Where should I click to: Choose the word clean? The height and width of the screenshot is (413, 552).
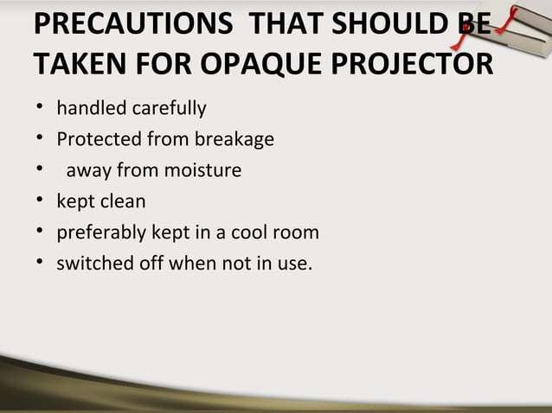(x=121, y=202)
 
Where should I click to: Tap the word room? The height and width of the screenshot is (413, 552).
(x=300, y=233)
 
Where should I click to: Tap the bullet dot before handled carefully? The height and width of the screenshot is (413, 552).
(x=39, y=110)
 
